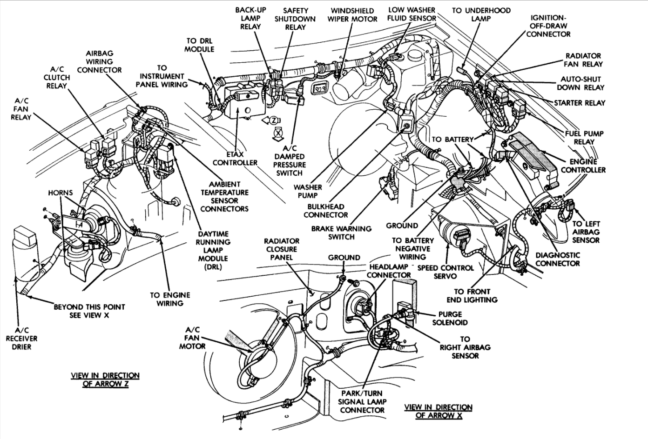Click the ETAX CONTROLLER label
[235, 158]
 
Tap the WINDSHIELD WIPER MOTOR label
[354, 15]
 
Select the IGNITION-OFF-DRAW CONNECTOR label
[548, 26]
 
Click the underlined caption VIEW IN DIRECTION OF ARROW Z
[105, 379]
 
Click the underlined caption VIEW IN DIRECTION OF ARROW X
[439, 411]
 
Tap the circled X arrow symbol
[278, 133]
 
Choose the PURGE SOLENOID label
[450, 318]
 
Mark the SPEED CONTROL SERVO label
[445, 272]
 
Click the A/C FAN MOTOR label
[192, 338]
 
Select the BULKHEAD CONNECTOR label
[325, 211]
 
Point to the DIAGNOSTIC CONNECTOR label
[557, 259]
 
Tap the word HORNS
[60, 193]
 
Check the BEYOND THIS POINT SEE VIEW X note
[89, 311]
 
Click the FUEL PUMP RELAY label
[584, 137]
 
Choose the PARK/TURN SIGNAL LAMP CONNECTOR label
[362, 402]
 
